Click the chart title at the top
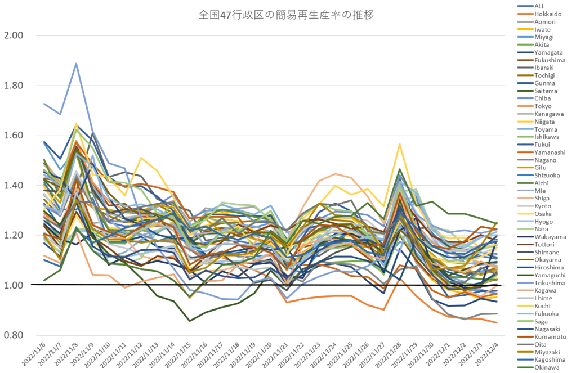tap(287, 15)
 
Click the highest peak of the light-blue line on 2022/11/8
tap(76, 64)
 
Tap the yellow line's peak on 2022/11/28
tap(400, 144)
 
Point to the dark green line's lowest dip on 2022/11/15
tap(189, 321)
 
